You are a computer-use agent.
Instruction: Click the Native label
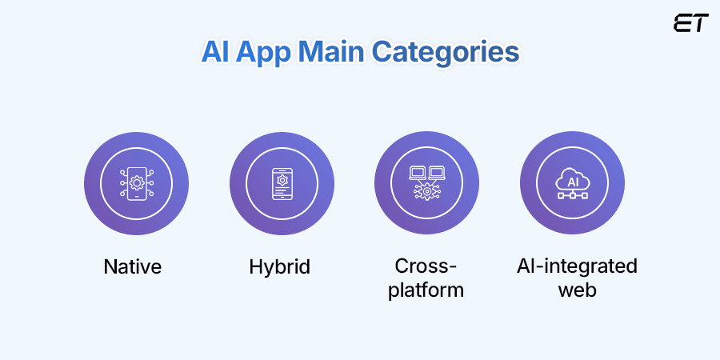coord(133,266)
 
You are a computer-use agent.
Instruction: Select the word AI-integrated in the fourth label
coord(577,266)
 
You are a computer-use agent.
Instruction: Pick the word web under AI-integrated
coord(577,289)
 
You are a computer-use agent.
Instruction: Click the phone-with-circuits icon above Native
coord(136,183)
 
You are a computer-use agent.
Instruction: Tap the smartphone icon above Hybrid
coord(282,183)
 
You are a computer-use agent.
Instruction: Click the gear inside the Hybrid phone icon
coord(282,180)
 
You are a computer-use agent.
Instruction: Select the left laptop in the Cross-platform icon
coord(418,173)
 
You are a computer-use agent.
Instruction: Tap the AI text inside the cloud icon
coord(572,180)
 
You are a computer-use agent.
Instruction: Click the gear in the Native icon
coord(136,183)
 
